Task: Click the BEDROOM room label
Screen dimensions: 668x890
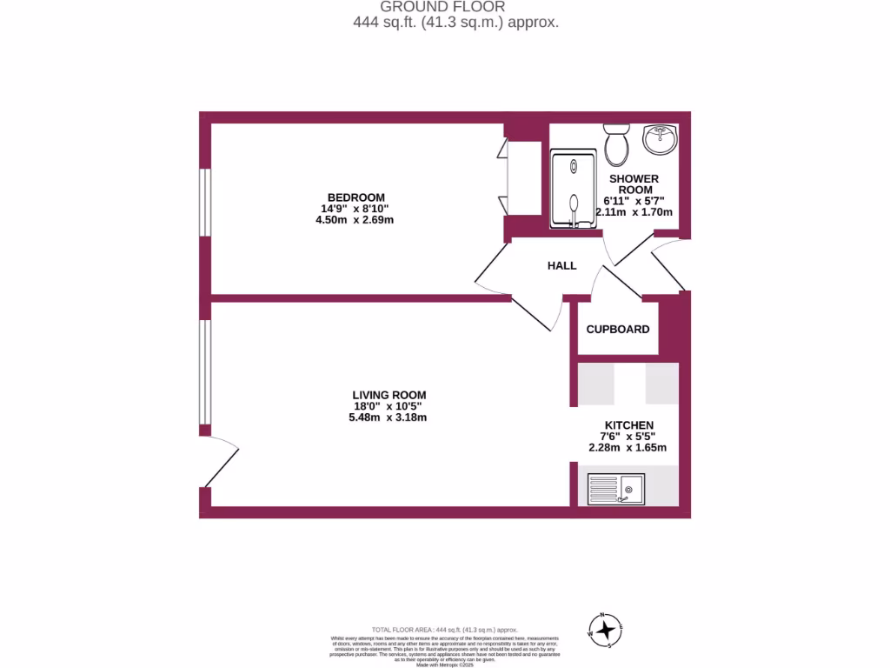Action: tap(355, 197)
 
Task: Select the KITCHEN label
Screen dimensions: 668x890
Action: tap(628, 424)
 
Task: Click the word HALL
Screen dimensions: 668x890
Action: tap(561, 265)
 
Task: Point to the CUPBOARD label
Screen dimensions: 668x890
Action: tap(618, 330)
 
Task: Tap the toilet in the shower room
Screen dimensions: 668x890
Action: tap(617, 144)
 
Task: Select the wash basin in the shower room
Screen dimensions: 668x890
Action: tap(661, 139)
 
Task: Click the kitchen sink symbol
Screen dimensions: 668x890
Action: tap(616, 489)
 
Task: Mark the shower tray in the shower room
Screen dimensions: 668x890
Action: tap(574, 189)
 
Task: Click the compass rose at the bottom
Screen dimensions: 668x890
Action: tap(606, 629)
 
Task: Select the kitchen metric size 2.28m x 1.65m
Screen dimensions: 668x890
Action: tap(628, 448)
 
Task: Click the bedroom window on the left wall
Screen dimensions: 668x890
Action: tap(205, 202)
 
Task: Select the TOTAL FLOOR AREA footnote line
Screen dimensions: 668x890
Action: tap(444, 630)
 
